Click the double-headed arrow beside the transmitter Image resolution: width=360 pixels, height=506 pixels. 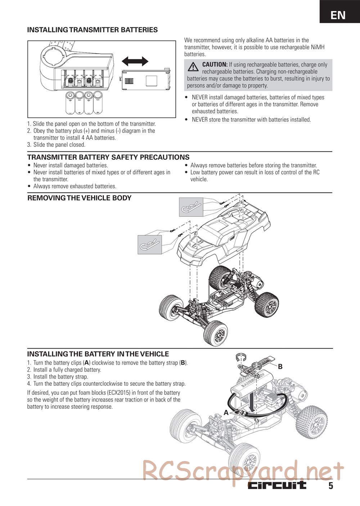point(135,61)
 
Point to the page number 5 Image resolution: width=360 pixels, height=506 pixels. point(330,486)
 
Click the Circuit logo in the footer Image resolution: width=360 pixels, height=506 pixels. point(276,485)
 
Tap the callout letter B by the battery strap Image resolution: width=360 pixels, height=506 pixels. point(280,367)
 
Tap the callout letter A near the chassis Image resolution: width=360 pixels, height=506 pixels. point(226,412)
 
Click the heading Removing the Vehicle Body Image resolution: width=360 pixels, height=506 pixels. point(80,198)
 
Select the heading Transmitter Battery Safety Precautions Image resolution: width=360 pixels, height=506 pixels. point(108,157)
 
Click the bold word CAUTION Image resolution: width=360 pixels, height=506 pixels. point(215,64)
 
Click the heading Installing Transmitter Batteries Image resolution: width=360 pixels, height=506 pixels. point(93,30)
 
